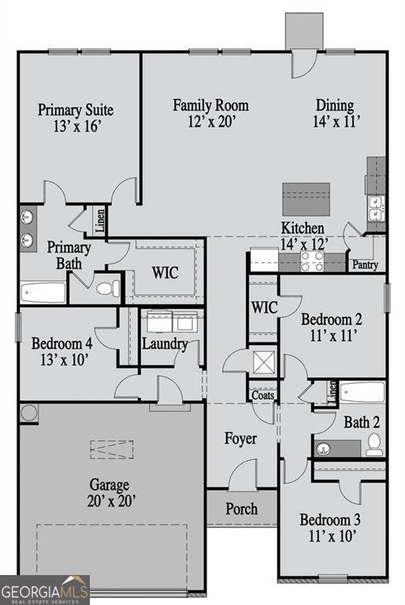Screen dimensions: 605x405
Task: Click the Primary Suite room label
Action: [x=76, y=109]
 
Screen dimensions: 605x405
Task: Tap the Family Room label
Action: [x=211, y=105]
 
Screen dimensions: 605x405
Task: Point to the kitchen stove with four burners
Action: [x=312, y=261]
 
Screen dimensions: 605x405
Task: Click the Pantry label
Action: [x=366, y=265]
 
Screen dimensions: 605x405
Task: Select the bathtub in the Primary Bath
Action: [x=43, y=293]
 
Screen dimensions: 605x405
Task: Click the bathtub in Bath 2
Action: [x=362, y=392]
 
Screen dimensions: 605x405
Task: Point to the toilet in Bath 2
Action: [x=374, y=444]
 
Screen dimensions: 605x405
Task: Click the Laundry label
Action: [x=165, y=343]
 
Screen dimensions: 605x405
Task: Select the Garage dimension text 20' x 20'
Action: [x=109, y=501]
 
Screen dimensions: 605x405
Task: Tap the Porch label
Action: [x=242, y=508]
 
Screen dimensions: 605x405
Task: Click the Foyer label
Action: [x=240, y=438]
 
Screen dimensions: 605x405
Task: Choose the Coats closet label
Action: [x=262, y=395]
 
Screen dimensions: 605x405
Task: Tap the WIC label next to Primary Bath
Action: [x=165, y=273]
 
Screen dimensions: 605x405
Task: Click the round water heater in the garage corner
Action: [x=29, y=412]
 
